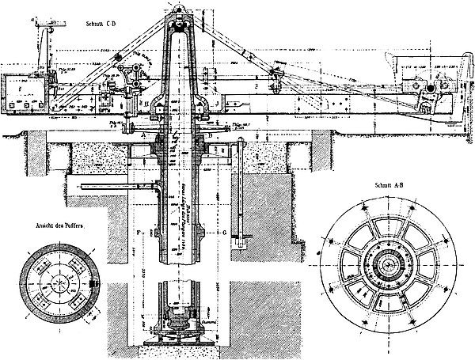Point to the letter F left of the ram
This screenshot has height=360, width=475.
tap(138, 232)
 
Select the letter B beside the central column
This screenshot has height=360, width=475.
tap(215, 135)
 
